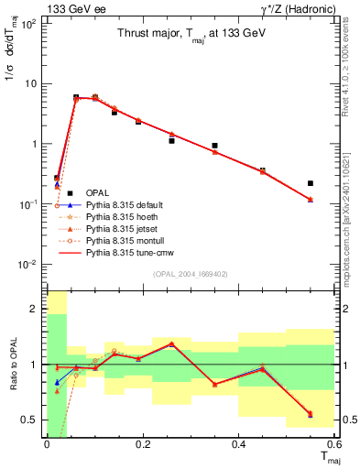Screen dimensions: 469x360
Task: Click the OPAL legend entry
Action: click(x=99, y=192)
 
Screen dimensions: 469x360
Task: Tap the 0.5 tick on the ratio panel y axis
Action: click(x=30, y=420)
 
